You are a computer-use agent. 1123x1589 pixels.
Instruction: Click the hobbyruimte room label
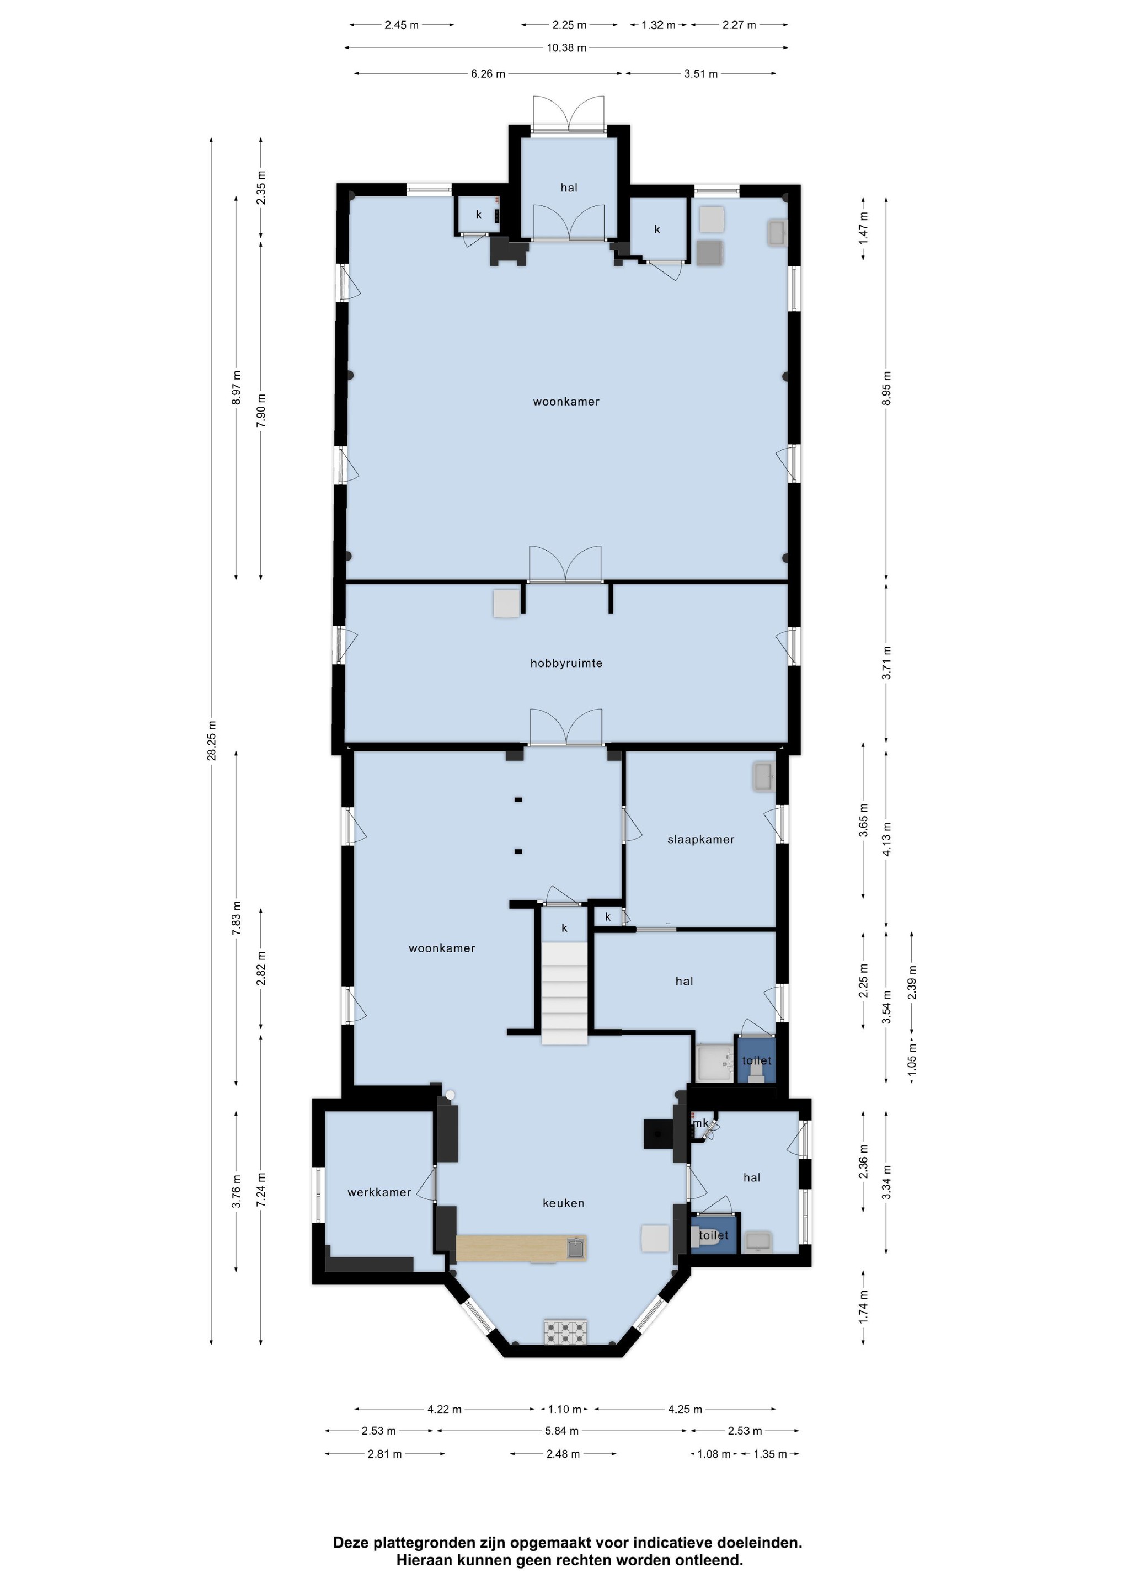click(566, 663)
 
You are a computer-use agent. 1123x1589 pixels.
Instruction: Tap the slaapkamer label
click(701, 840)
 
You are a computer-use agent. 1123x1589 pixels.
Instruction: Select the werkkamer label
click(379, 1192)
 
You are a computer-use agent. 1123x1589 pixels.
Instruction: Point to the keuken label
click(563, 1203)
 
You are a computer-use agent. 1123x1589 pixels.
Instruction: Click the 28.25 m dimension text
click(212, 740)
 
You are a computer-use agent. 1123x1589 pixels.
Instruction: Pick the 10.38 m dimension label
click(566, 48)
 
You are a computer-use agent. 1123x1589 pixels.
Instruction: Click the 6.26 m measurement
click(488, 73)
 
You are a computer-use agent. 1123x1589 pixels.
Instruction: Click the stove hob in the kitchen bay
click(565, 1332)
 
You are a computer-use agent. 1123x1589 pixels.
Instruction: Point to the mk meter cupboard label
click(701, 1123)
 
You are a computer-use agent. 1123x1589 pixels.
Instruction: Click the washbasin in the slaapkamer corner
click(764, 776)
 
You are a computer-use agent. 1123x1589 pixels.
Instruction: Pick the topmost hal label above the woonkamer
click(569, 188)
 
